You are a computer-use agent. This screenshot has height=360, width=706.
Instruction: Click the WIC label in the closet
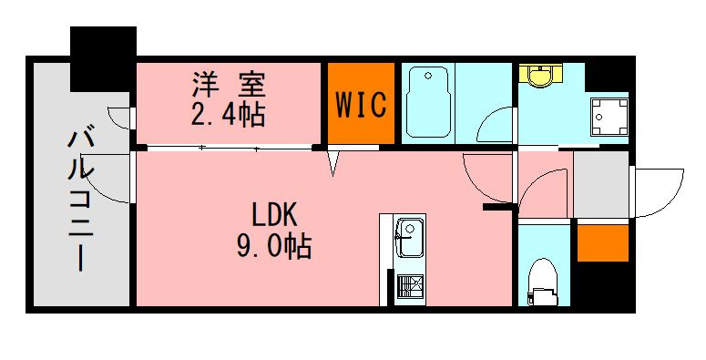pyautogui.click(x=361, y=105)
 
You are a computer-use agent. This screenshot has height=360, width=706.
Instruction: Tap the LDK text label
pyautogui.click(x=274, y=215)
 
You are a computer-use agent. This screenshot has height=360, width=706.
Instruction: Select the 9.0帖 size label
pyautogui.click(x=274, y=246)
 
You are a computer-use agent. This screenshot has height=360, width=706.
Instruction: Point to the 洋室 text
pyautogui.click(x=229, y=84)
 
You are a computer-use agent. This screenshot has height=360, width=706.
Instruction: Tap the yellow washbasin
pyautogui.click(x=541, y=75)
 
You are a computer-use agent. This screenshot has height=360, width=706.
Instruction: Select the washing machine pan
pyautogui.click(x=609, y=117)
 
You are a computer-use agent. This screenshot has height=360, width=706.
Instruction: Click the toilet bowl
pyautogui.click(x=542, y=282)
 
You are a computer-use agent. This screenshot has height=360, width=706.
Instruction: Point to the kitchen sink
pyautogui.click(x=409, y=238)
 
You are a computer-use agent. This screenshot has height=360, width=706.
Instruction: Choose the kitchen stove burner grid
pyautogui.click(x=410, y=285)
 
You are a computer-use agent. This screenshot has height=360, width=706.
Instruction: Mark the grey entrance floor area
pyautogui.click(x=600, y=184)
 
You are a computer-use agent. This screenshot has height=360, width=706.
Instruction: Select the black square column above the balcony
pyautogui.click(x=103, y=59)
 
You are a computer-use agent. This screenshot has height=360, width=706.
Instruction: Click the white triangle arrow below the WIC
pyautogui.click(x=333, y=163)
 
